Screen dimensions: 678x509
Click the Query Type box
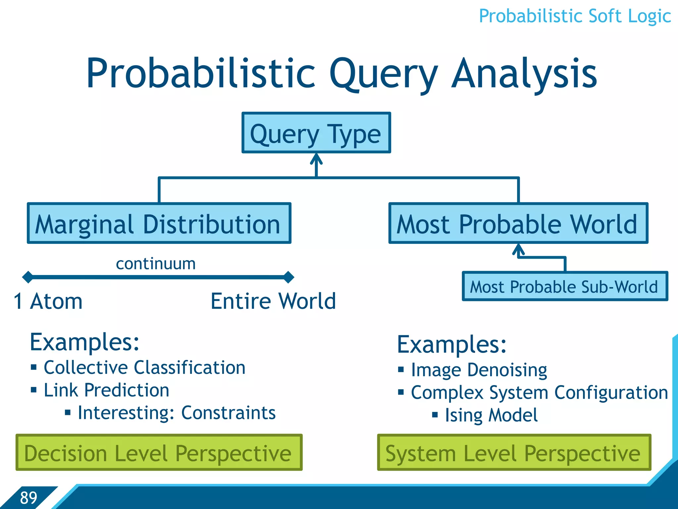click(316, 133)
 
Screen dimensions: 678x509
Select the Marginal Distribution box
click(159, 223)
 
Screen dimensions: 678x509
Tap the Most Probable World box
click(518, 223)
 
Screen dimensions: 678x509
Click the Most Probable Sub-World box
click(565, 286)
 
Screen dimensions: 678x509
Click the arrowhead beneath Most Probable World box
click(518, 250)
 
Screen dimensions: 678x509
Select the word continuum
click(156, 264)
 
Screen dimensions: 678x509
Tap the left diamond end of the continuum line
click(28, 277)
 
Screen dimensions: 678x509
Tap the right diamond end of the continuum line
click(289, 277)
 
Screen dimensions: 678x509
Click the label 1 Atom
click(48, 301)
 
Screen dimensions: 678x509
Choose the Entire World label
click(273, 301)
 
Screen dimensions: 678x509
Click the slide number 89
click(28, 498)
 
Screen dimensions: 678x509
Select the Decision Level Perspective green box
click(159, 452)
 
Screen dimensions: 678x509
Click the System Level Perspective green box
click(514, 452)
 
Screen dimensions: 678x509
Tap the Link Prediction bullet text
click(106, 390)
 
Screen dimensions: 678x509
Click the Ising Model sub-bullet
click(491, 415)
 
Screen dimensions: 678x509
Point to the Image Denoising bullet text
click(479, 370)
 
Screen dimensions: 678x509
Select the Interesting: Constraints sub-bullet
click(176, 413)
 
